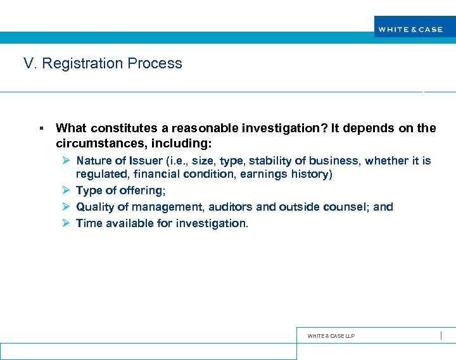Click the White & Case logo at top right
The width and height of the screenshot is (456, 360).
[x=410, y=29]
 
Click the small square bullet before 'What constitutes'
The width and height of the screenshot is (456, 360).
[x=41, y=128]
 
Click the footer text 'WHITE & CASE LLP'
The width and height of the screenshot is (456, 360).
[x=331, y=336]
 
